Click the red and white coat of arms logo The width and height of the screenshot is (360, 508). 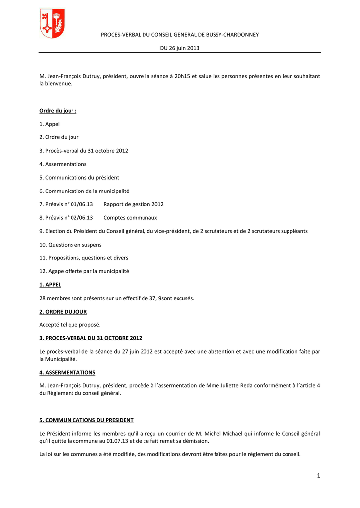pos(52,24)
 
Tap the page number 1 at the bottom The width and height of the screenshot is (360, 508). pos(318,476)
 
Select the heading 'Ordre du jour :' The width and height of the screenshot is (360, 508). pos(58,110)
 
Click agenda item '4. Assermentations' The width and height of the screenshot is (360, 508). pos(63,164)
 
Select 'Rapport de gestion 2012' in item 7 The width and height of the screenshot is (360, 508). pos(134,204)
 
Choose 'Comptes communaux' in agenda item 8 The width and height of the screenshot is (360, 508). pos(130,217)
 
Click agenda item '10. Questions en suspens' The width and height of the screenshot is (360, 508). pos(71,244)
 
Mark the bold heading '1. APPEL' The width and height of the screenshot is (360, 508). pos(50,285)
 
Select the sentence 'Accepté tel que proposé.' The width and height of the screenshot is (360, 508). pos(70,325)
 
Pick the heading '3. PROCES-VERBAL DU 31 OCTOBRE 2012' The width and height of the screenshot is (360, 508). pos(91,338)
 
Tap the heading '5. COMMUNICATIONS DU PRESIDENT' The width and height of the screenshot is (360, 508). pos(86,420)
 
